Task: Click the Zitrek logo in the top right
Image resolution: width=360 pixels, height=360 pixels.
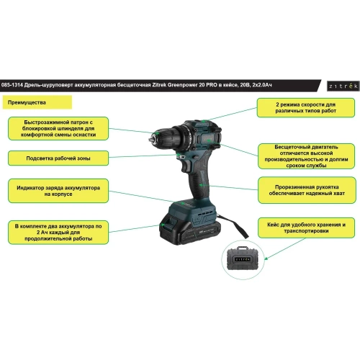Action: coord(343,86)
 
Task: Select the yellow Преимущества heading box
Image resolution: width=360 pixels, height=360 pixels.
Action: coord(37,102)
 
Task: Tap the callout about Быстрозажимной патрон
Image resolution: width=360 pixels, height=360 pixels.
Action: coord(58,128)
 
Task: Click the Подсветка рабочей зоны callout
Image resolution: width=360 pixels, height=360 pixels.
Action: coord(58,158)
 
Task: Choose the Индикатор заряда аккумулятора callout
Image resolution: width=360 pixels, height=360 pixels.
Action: coord(58,191)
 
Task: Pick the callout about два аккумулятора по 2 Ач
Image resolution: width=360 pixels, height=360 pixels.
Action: coord(58,233)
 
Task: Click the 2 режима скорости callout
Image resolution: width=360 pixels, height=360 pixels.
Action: coord(306,107)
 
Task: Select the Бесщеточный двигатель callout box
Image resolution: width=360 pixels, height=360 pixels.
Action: coord(306,156)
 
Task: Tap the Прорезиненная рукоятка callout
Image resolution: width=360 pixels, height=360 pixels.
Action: coord(307,190)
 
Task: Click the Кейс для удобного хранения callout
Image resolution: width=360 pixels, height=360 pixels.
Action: coord(306,228)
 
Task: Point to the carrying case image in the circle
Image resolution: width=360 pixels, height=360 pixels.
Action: coord(243,259)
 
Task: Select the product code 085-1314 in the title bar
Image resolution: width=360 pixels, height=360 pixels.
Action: coord(12,85)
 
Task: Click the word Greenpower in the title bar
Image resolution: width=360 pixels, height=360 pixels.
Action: coord(182,85)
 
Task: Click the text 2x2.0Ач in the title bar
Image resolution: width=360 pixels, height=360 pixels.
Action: coord(262,85)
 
